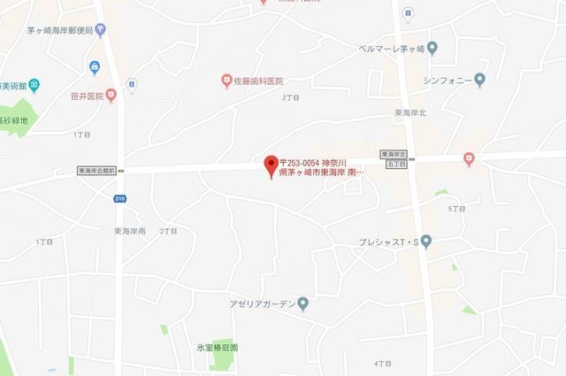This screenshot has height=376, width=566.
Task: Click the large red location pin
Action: point(272,165)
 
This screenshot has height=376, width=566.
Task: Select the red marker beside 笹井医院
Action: point(111,95)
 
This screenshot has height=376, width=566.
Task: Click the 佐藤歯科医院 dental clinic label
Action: point(264,81)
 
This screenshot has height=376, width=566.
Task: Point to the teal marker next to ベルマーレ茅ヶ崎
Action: point(432,48)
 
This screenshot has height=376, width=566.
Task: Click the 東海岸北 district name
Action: point(410,113)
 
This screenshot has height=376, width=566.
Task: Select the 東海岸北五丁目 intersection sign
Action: point(394,158)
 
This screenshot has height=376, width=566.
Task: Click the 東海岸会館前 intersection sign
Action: point(98,170)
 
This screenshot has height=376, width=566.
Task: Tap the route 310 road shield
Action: point(119,199)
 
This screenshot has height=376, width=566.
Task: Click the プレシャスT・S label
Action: point(387,241)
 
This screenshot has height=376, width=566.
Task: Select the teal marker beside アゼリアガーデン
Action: point(303,303)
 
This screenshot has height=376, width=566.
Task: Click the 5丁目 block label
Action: point(456,209)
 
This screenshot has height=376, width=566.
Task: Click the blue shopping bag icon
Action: point(95,66)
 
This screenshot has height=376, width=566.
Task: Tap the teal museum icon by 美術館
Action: point(34,86)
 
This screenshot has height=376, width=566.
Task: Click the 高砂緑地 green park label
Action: point(14,119)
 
